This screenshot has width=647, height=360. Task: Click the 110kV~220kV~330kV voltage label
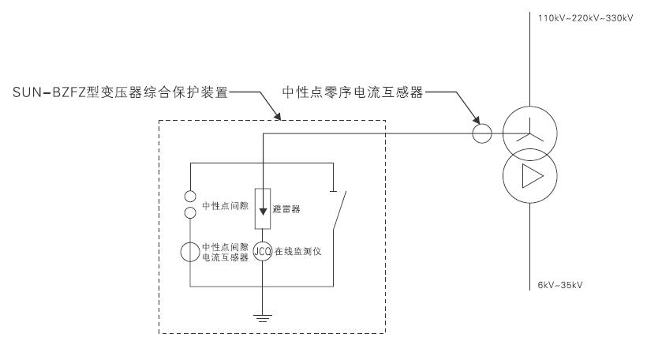coord(585,18)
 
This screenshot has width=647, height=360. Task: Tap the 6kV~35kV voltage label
coord(560,283)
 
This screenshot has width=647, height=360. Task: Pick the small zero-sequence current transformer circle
coord(482,133)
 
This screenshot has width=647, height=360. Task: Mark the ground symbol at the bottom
coord(262,317)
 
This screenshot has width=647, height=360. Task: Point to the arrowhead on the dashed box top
coord(280,118)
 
